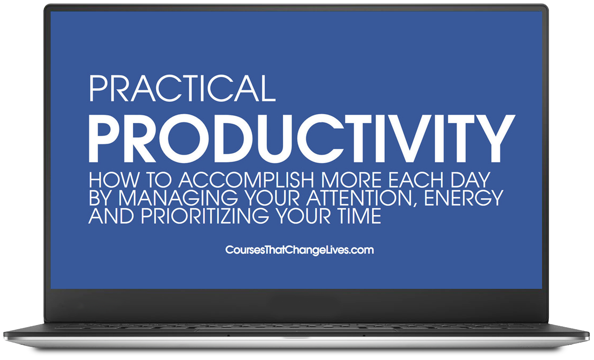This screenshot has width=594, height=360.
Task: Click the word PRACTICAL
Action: tap(182, 88)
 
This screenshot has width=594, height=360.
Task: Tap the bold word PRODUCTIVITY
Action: tap(301, 138)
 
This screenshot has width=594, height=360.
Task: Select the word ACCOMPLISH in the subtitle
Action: tap(247, 180)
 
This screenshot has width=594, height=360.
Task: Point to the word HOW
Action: tap(114, 180)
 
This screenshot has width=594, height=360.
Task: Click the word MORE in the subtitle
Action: tap(351, 180)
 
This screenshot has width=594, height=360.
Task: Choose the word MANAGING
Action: tap(178, 198)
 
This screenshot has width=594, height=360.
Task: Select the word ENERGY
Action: tap(464, 198)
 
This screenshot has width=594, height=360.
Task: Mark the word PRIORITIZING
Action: tap(205, 216)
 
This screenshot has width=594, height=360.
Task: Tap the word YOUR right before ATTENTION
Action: tap(272, 198)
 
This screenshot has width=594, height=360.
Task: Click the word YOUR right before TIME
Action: tap(303, 216)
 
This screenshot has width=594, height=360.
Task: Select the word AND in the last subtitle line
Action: tap(111, 216)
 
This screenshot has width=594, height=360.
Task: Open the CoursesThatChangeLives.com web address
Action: tap(299, 250)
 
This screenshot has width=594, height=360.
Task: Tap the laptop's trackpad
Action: tap(296, 330)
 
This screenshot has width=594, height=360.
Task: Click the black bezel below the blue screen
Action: tap(296, 305)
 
